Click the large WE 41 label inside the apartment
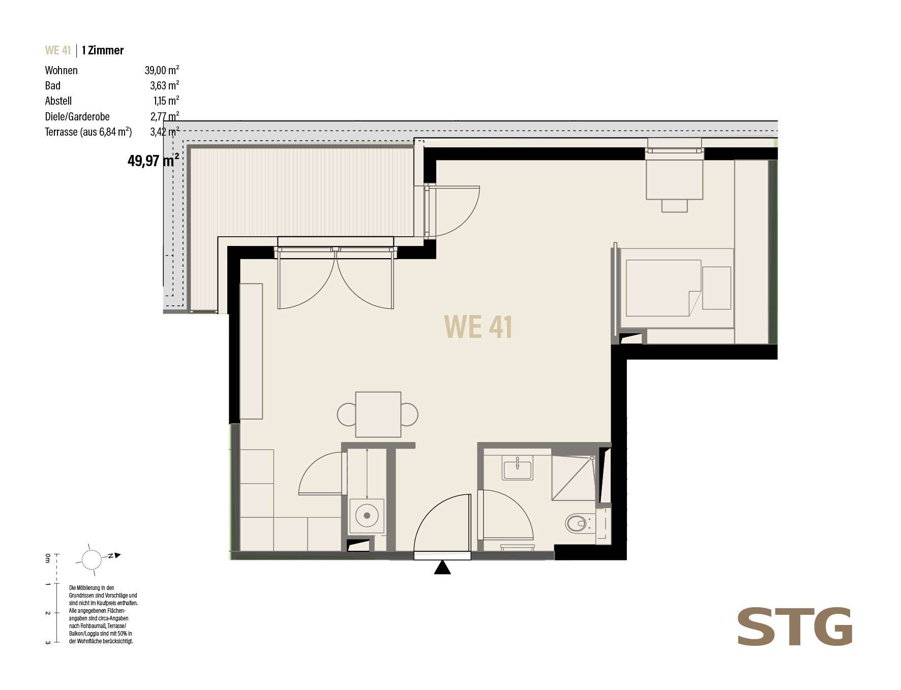(478, 327)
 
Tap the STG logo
(795, 626)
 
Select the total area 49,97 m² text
(153, 162)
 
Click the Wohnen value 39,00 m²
(162, 70)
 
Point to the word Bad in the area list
(52, 85)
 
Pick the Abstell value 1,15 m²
(166, 101)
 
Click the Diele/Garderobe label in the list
(77, 117)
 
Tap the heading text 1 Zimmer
(103, 50)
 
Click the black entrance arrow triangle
(443, 567)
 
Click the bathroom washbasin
(518, 467)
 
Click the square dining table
(378, 415)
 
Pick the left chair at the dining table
(347, 415)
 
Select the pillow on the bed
(716, 288)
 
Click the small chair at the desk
(674, 205)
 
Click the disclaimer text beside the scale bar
(103, 614)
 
